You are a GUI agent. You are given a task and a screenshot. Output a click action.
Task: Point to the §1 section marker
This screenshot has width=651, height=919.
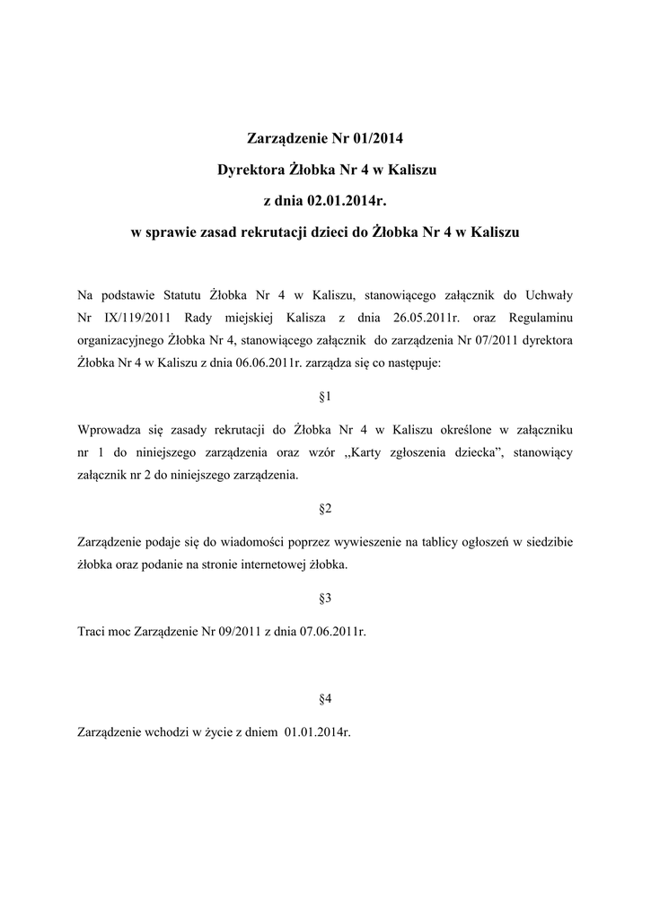coord(326,396)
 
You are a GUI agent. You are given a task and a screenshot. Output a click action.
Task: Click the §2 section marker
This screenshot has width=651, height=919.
coord(326,509)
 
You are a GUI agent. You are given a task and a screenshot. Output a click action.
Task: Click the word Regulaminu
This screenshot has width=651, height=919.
coord(541,317)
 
